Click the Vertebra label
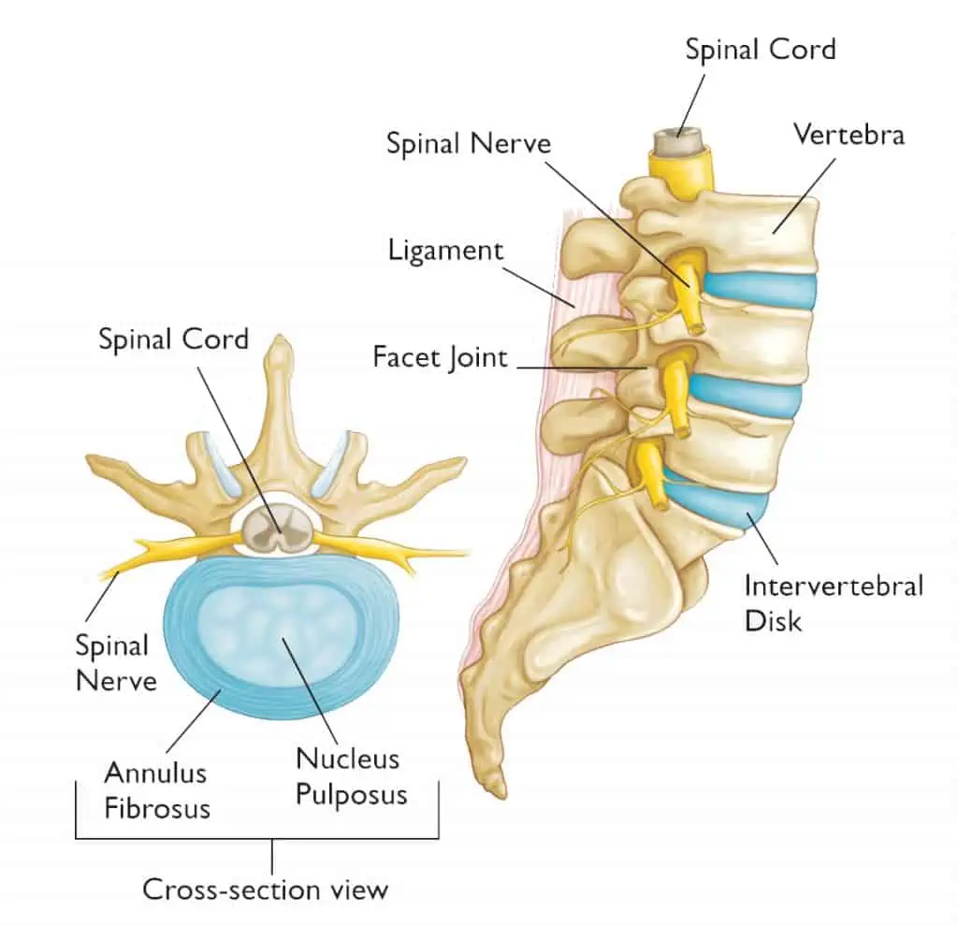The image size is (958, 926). (849, 135)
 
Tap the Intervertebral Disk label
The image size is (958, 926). (834, 603)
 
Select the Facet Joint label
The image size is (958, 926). (440, 357)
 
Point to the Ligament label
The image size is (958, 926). (445, 251)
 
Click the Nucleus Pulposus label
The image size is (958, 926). (352, 776)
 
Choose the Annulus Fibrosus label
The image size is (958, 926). (157, 790)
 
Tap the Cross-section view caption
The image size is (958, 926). (265, 889)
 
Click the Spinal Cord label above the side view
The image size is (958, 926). (760, 49)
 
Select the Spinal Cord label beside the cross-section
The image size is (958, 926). (173, 339)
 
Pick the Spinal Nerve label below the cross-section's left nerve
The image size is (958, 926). (115, 663)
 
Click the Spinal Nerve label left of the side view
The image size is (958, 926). (469, 143)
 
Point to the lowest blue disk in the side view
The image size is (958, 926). (716, 495)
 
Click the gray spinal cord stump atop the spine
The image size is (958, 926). (679, 142)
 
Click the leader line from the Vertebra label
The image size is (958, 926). (804, 196)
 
